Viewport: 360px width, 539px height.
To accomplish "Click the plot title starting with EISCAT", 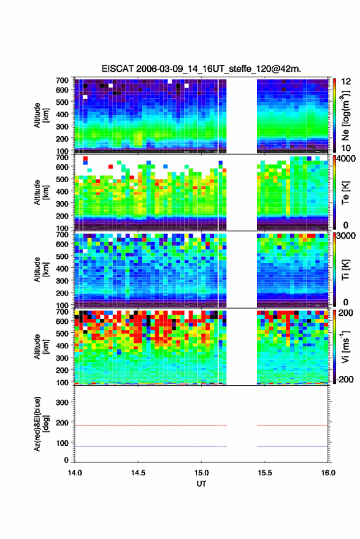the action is pos(201,69).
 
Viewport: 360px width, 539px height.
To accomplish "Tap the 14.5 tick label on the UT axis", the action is pos(138,473).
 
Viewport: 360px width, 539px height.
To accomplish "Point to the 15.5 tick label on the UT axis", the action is pos(264,473).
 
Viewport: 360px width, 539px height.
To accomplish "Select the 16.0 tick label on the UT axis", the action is pos(328,473).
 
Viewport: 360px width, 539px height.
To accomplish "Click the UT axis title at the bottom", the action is pos(201,484).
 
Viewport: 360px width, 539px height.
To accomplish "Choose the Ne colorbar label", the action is pos(345,115).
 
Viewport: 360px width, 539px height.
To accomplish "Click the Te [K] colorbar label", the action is pos(345,193).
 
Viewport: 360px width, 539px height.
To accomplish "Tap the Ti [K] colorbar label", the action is pos(345,270).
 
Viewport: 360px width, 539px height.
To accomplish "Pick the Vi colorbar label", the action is pos(345,346).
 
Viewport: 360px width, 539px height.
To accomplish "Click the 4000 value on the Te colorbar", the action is pos(345,159).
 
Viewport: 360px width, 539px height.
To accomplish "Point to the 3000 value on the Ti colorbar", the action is pos(345,236).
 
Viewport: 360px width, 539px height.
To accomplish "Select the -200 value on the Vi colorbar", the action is pos(344,380).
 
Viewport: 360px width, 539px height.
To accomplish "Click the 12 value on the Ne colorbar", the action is pos(345,82).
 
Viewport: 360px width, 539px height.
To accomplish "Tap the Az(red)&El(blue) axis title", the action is pos(41,424).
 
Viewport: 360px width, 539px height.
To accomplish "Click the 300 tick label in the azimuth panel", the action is pos(62,402).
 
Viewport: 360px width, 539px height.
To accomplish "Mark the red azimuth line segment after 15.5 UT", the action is pos(293,426).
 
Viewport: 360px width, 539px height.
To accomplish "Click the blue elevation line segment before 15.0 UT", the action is pos(147,446).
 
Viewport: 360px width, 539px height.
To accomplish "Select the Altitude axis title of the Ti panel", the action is pos(41,270).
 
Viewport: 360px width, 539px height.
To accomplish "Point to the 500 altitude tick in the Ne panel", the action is pos(62,102).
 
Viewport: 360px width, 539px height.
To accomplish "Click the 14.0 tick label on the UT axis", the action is pos(75,473).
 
